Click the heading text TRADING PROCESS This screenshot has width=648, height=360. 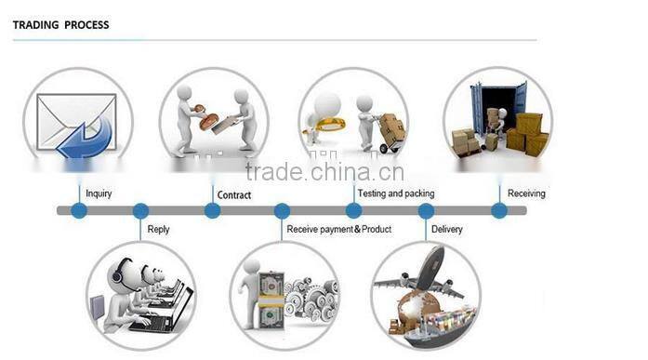60,25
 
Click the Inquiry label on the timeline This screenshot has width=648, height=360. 99,193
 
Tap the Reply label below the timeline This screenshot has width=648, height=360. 158,229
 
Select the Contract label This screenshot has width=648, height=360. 233,194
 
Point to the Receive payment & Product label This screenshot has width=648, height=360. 338,229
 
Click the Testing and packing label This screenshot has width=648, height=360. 396,193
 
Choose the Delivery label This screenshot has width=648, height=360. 446,229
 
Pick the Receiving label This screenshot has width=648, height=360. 526,193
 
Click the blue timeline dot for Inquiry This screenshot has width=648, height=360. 79,210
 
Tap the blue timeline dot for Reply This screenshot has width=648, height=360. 140,210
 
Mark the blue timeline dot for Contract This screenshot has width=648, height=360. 212,210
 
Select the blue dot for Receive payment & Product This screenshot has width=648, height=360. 282,210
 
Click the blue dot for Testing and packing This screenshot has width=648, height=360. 353,210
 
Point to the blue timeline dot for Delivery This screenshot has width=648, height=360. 426,210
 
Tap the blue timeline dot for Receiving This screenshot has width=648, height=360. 499,210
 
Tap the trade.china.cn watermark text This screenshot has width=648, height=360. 324,171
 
